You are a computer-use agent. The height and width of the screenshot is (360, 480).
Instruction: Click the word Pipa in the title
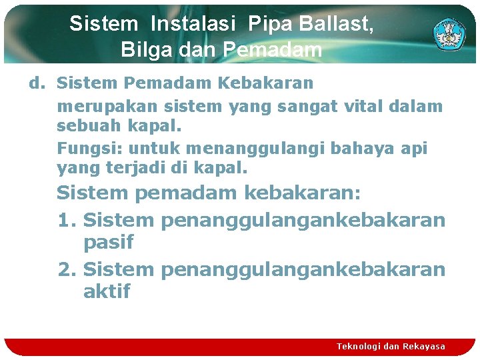click(x=269, y=25)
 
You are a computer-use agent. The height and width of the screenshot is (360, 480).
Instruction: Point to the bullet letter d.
click(x=35, y=83)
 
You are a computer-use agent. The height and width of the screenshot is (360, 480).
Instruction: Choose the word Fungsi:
click(x=90, y=148)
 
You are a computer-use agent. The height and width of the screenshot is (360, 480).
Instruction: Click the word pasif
click(x=108, y=243)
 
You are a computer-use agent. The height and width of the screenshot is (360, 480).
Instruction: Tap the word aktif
click(x=107, y=292)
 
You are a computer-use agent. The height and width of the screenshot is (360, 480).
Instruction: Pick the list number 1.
click(x=67, y=220)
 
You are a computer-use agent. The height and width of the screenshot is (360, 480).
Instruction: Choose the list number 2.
click(x=67, y=269)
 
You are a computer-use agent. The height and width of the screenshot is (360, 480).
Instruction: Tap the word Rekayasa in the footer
click(x=424, y=347)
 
